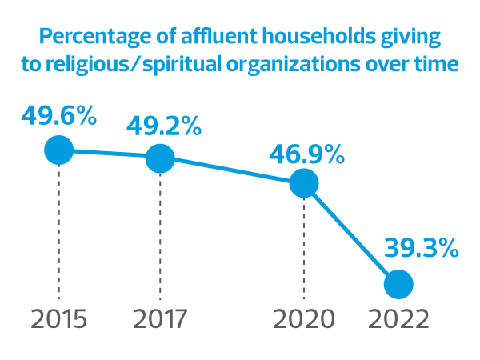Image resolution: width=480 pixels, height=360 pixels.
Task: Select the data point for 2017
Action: tap(159, 158)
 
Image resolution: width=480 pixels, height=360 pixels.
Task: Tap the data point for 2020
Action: tap(304, 183)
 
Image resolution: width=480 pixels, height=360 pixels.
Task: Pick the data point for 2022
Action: tap(398, 283)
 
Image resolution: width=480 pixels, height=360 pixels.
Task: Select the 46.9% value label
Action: tap(307, 153)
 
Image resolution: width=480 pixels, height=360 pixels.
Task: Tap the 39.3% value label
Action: tap(421, 247)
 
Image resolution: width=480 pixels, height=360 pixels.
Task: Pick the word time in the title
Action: tap(438, 63)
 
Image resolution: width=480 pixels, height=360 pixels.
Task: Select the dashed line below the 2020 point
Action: tap(304, 248)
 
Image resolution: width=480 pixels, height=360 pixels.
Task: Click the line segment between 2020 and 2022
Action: tap(351, 234)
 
